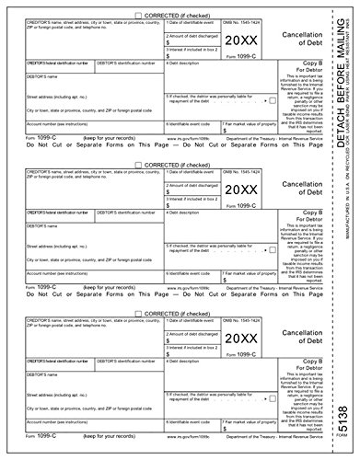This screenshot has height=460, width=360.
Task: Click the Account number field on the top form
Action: coord(83,130)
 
